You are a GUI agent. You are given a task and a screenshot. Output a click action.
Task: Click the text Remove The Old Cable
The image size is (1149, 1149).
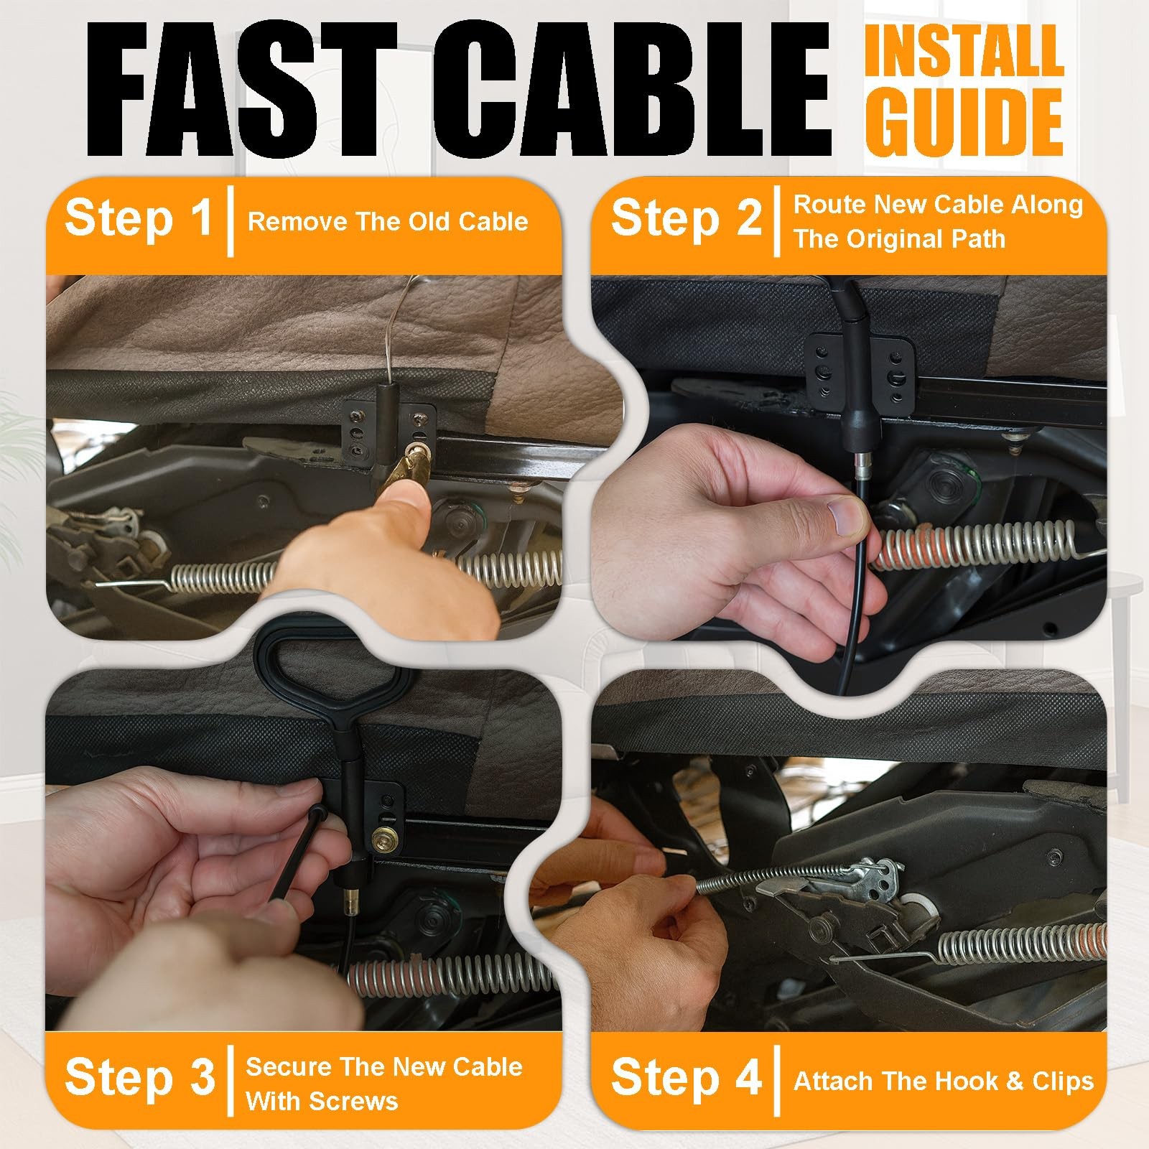pyautogui.click(x=388, y=221)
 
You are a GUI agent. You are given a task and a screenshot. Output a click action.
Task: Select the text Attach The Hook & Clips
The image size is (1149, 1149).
pyautogui.click(x=944, y=1081)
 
